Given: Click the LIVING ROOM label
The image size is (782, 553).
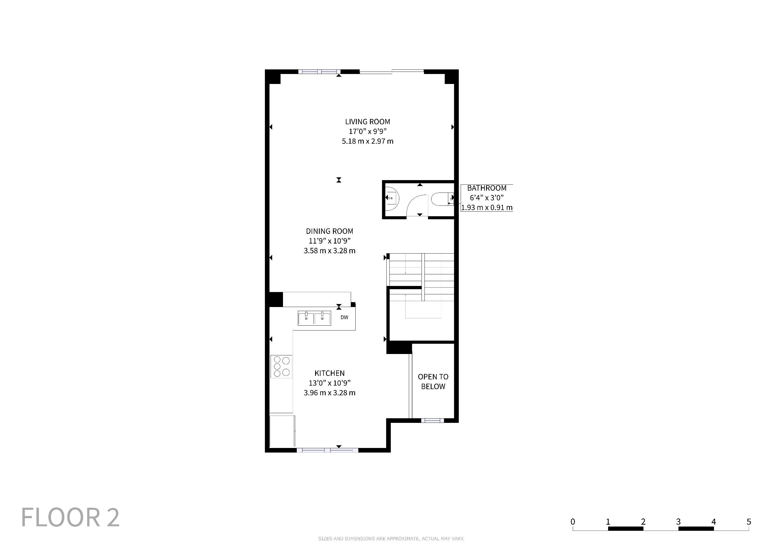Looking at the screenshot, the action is point(368,122).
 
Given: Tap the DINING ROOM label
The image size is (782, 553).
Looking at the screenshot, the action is point(329,231).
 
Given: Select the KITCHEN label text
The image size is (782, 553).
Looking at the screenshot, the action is point(329,373).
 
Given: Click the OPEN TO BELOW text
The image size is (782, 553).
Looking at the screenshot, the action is point(433,381).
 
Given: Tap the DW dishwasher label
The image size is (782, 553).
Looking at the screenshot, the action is point(344,317).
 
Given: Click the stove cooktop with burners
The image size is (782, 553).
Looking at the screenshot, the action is point(281,366).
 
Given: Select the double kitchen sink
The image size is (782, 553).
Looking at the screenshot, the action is point(314,318).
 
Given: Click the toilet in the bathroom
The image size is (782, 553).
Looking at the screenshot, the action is point(442,199).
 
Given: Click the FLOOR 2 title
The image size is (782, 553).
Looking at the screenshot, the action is point(70,518).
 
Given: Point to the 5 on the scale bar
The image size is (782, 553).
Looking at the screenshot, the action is point(749,522).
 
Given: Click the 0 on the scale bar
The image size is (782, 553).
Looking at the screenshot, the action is point(573,522).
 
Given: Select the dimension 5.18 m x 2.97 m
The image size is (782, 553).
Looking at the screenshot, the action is point(368,141).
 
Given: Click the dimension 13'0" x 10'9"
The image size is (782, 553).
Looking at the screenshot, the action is point(329,383).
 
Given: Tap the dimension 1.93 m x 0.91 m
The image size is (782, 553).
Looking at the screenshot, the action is point(487,207).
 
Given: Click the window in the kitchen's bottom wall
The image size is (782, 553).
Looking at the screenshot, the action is point(327,450).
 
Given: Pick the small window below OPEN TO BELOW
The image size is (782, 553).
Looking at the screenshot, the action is point(433,420).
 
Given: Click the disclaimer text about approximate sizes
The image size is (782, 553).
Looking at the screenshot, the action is point(391,539).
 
